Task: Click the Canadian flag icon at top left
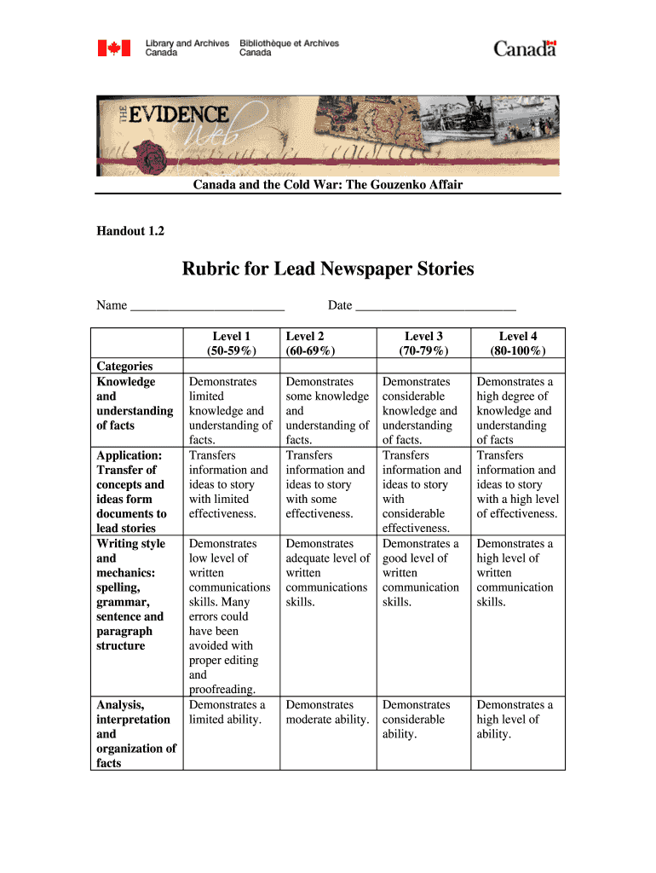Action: (113, 48)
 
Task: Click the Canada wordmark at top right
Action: (525, 48)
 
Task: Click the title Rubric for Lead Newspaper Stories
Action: (327, 269)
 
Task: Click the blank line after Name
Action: (207, 306)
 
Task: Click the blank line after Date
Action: (435, 306)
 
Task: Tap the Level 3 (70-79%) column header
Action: (423, 343)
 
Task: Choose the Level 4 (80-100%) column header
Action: (518, 343)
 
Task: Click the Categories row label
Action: (124, 367)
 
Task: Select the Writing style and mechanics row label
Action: (130, 594)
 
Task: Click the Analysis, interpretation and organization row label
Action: (135, 733)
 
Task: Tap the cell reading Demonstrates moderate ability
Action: (327, 712)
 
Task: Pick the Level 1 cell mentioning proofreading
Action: (229, 616)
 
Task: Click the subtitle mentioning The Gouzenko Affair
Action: (327, 184)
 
